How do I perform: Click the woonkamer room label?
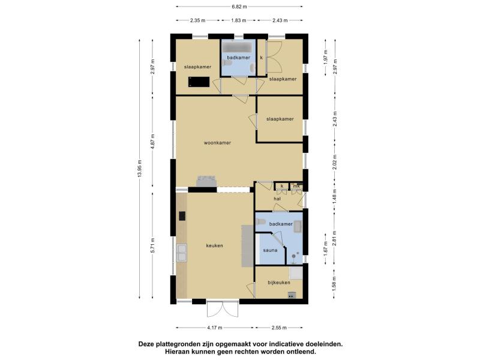click(x=217, y=143)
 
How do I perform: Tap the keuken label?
click(x=214, y=245)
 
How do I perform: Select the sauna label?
click(x=270, y=250)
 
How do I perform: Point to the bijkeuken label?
click(x=279, y=283)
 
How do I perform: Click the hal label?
click(x=277, y=199)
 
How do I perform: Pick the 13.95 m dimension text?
click(x=140, y=169)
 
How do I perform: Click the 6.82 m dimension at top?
click(x=239, y=7)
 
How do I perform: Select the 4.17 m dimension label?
click(x=215, y=328)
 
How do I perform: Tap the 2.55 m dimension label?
click(x=279, y=328)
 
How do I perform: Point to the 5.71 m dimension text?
click(x=153, y=245)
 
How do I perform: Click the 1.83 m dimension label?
click(x=238, y=20)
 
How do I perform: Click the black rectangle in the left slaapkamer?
click(x=199, y=82)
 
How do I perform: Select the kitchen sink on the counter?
click(x=182, y=253)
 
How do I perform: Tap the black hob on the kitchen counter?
click(x=182, y=216)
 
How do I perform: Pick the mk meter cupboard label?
click(x=296, y=186)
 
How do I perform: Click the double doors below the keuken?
click(x=222, y=308)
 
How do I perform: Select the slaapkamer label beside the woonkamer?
click(x=280, y=119)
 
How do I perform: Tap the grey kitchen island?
click(x=247, y=246)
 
